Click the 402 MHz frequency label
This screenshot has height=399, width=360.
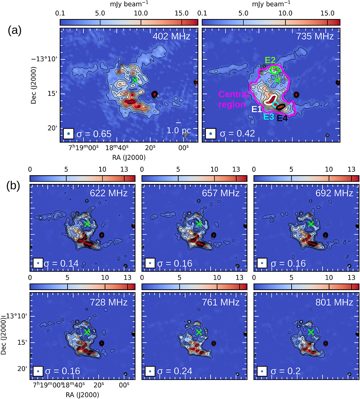(171, 36)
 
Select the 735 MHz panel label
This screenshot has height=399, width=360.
(315, 36)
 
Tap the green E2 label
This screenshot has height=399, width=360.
(270, 60)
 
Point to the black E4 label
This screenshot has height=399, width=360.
(282, 118)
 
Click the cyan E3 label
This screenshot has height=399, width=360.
(269, 117)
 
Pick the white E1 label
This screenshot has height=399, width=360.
(256, 109)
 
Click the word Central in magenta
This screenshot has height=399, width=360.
(234, 94)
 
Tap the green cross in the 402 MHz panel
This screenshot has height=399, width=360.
(135, 80)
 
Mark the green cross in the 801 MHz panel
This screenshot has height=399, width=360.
(311, 332)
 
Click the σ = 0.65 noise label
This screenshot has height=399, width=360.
(94, 134)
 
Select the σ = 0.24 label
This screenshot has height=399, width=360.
(175, 371)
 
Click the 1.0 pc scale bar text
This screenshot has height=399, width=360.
(178, 130)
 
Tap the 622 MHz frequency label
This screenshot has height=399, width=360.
(109, 193)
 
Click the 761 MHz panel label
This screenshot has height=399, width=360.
(221, 302)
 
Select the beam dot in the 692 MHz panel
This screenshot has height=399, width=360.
(262, 263)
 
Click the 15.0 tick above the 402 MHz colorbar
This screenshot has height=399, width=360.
(181, 13)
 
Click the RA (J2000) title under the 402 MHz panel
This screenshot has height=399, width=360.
(129, 157)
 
